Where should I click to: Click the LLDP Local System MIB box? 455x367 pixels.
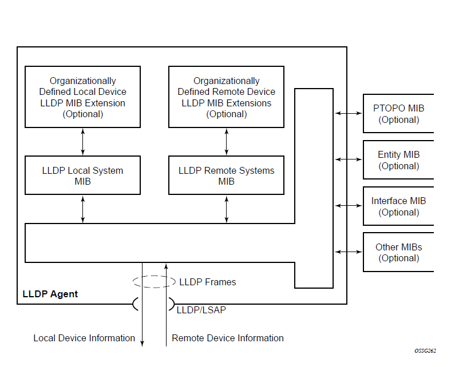click(x=82, y=175)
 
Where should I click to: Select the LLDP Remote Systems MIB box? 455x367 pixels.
click(x=226, y=175)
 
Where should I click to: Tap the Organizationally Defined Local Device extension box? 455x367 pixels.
click(x=82, y=97)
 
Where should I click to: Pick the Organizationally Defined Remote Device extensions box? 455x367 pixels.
click(x=226, y=97)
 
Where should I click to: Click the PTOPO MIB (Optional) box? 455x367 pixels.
click(x=398, y=114)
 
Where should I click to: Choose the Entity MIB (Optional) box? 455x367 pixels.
click(x=398, y=160)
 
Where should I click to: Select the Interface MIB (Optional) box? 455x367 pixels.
click(x=398, y=206)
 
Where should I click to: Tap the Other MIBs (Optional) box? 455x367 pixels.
click(x=398, y=252)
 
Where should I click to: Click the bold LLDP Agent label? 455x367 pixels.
click(x=50, y=294)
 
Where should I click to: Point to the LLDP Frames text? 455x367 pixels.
click(x=207, y=282)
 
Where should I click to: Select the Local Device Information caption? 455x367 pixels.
click(x=84, y=338)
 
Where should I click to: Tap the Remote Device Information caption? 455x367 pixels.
click(x=228, y=338)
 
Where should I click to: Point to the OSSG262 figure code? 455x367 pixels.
click(x=425, y=350)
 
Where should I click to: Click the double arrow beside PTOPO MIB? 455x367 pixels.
click(x=348, y=114)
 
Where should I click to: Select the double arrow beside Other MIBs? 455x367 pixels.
click(x=348, y=252)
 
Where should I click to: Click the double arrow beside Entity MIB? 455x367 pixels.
click(x=348, y=160)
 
